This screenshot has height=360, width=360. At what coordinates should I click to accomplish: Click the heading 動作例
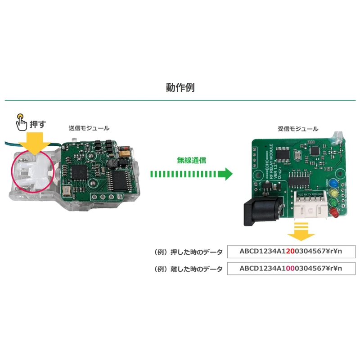pos(180,87)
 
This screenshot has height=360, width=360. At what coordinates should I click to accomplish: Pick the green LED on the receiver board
pos(334,202)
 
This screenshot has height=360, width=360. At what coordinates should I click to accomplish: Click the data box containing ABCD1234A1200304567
pos(291,251)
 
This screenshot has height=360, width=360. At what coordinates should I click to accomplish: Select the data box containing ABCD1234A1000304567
pos(291,269)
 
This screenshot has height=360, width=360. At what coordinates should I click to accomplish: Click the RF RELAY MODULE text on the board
pos(270,164)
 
